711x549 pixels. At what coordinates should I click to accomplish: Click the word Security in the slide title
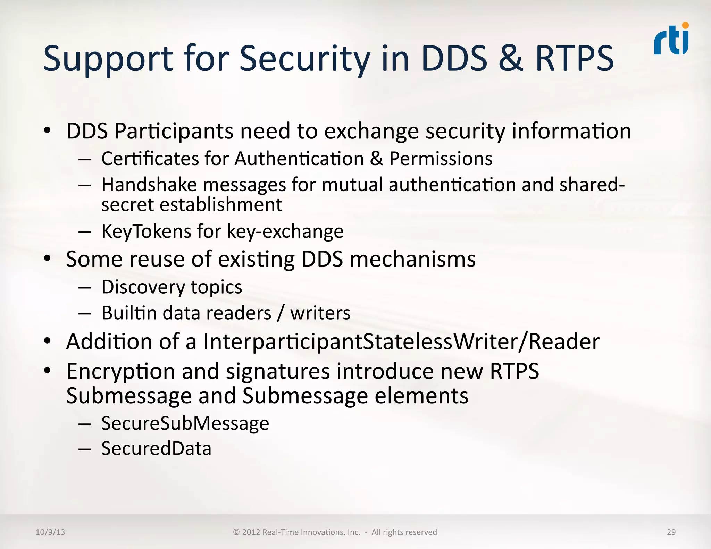tap(305, 58)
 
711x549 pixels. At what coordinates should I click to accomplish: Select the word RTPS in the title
tap(575, 58)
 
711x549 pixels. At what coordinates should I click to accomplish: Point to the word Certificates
tap(150, 159)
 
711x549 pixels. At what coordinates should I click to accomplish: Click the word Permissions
tap(441, 159)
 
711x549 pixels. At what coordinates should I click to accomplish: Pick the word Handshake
tap(149, 185)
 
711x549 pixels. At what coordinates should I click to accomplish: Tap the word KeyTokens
tap(146, 231)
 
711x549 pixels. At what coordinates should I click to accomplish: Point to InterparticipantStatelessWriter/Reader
tap(401, 341)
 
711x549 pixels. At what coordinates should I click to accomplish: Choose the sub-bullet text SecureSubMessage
tap(185, 423)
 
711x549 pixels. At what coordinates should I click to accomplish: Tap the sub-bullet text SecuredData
tap(156, 448)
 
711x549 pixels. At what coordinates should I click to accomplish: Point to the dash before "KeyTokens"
tap(84, 232)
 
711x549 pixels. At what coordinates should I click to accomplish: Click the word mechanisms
tap(412, 260)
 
